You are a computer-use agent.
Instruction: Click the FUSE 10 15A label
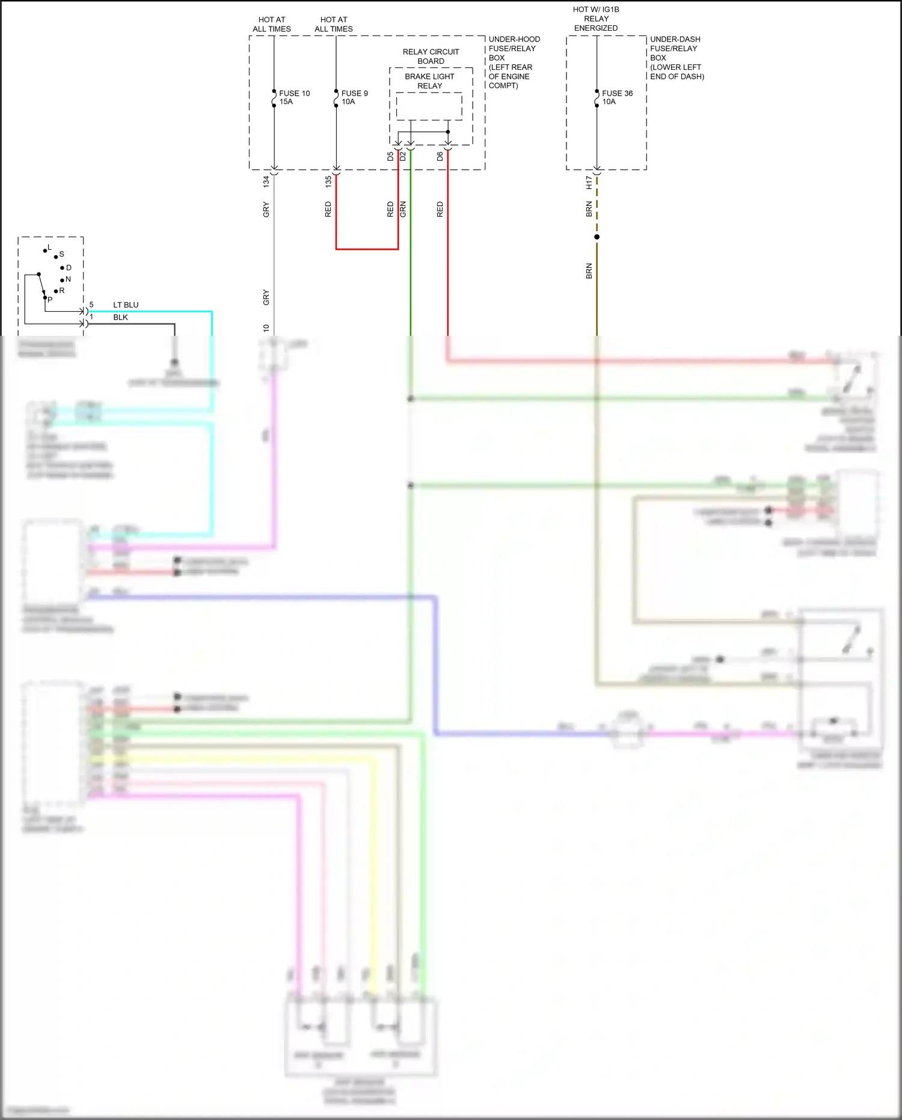(x=294, y=97)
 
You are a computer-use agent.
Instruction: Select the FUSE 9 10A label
(x=354, y=97)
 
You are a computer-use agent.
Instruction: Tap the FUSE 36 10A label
(x=617, y=97)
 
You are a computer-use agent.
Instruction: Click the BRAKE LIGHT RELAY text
(x=429, y=81)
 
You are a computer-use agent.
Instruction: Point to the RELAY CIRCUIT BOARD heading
(x=431, y=57)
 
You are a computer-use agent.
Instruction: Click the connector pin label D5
(x=390, y=156)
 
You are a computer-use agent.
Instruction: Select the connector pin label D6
(x=440, y=156)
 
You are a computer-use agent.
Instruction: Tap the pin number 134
(x=266, y=182)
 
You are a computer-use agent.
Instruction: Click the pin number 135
(x=328, y=182)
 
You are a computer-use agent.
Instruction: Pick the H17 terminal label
(x=589, y=183)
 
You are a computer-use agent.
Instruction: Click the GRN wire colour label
(x=403, y=209)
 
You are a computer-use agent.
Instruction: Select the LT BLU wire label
(x=126, y=305)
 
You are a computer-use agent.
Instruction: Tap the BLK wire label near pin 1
(x=120, y=317)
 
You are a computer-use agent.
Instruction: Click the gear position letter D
(x=69, y=268)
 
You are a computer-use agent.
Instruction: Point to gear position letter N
(x=68, y=279)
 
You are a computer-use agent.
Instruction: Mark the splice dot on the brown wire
(x=597, y=237)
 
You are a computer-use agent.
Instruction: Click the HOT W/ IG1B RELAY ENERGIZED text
(x=596, y=19)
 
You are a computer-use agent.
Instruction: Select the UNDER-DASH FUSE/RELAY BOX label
(x=677, y=58)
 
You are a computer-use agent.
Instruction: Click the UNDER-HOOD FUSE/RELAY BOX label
(x=514, y=62)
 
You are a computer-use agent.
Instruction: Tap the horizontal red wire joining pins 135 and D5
(x=367, y=249)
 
